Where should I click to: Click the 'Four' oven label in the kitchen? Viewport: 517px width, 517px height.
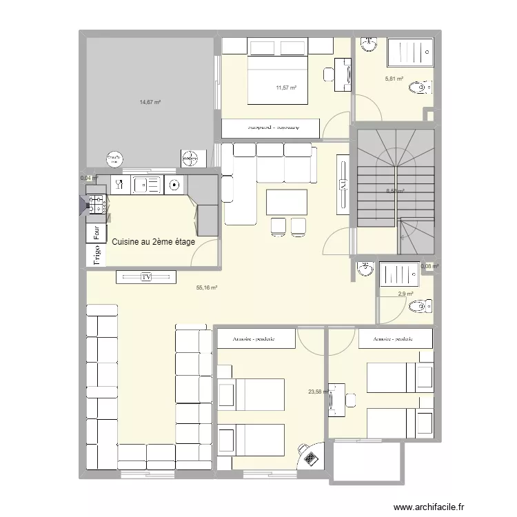(x=97, y=232)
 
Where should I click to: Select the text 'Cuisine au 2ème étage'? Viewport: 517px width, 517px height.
(x=154, y=241)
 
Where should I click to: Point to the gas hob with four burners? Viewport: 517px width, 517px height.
(x=97, y=203)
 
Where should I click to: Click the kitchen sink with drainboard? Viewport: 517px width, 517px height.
(x=146, y=185)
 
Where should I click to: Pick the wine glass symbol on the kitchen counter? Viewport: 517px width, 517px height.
(x=119, y=184)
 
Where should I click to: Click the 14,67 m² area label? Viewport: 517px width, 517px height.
(x=150, y=102)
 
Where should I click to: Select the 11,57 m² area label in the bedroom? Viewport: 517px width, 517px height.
(x=286, y=88)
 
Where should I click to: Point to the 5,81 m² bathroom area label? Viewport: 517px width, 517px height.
(x=394, y=79)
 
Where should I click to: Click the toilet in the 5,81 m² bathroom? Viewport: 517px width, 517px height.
(x=420, y=88)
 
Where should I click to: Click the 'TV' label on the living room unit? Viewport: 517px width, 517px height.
(x=146, y=277)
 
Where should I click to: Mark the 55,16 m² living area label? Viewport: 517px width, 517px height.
(x=207, y=288)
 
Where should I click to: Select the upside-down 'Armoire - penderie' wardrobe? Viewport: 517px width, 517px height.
(x=271, y=128)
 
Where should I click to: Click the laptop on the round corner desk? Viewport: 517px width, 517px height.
(x=310, y=456)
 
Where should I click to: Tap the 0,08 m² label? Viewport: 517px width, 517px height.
(x=430, y=266)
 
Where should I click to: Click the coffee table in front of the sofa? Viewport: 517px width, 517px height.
(x=286, y=201)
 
